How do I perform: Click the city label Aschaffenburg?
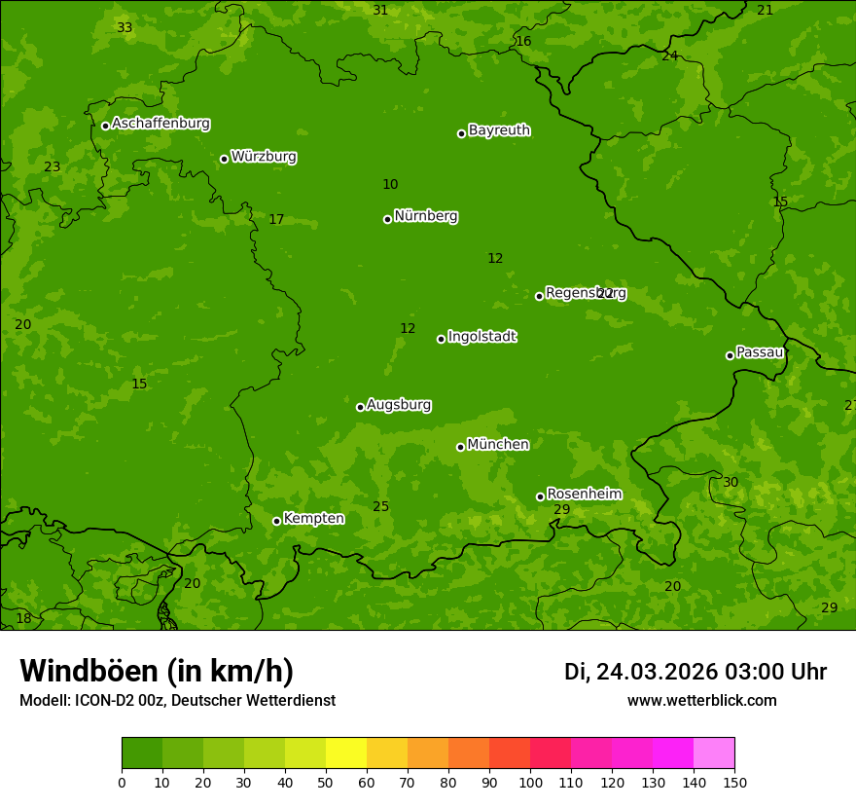[x=160, y=124]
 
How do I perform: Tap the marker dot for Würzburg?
[x=224, y=159]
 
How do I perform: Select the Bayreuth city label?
[x=499, y=130]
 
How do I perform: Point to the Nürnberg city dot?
[x=387, y=219]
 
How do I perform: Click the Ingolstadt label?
[x=481, y=337]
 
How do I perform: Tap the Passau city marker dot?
[x=730, y=355]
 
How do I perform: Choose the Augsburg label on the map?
[x=399, y=405]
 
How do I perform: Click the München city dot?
[x=460, y=447]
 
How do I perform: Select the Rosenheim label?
[x=584, y=495]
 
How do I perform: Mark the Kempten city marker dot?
[x=276, y=521]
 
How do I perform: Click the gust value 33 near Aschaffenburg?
[x=125, y=27]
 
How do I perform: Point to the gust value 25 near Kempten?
[x=380, y=506]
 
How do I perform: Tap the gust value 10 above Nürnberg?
[x=390, y=184]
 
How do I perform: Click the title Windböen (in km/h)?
[x=157, y=671]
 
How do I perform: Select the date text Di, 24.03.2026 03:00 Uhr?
[x=695, y=672]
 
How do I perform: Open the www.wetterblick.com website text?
[x=701, y=700]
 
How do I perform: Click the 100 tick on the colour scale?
[x=530, y=782]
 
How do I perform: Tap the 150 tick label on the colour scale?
[x=734, y=782]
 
